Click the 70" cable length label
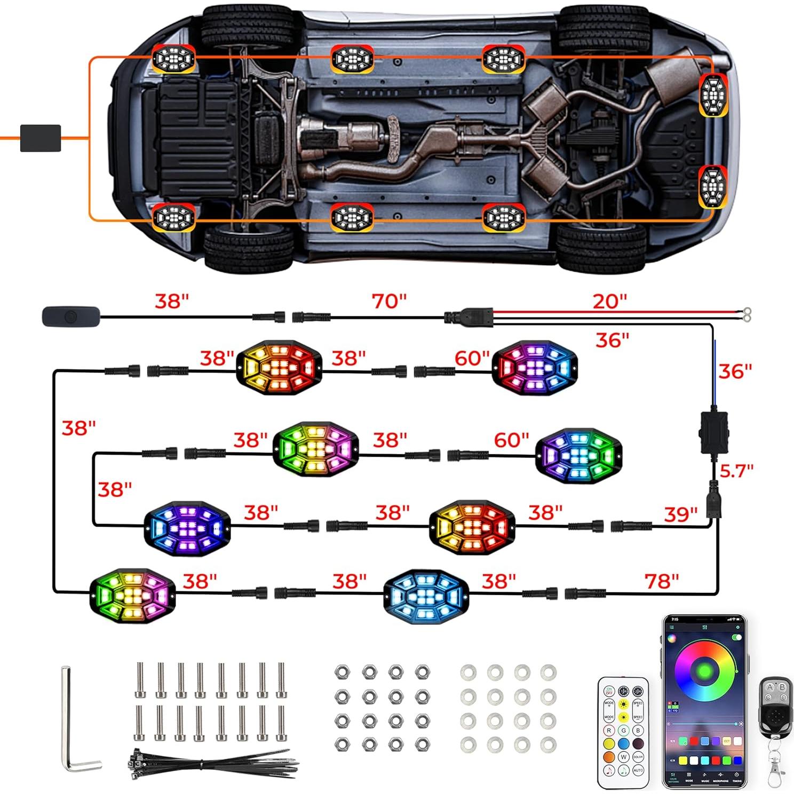tap(389, 301)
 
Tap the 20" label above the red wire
tap(609, 301)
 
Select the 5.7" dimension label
tap(736, 471)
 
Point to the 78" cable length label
tap(662, 581)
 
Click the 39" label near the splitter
tap(680, 514)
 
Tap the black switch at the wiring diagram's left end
tap(70, 316)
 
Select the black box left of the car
tap(41, 138)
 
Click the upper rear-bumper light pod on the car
tap(713, 94)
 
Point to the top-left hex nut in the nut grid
tap(342, 672)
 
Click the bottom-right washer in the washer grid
tap(548, 744)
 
